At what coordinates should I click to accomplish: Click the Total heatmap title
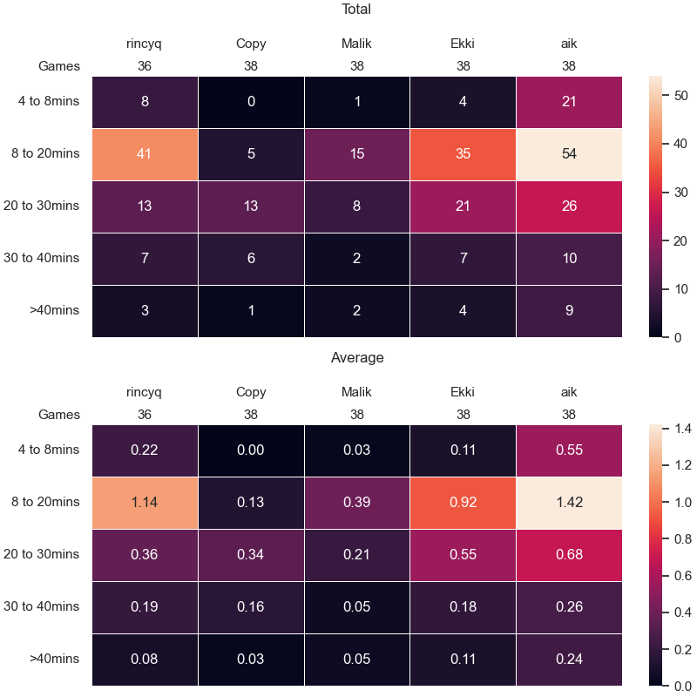[356, 9]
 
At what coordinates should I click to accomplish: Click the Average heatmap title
[357, 357]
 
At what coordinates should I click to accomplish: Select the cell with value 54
[569, 154]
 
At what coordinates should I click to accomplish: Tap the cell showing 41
[145, 154]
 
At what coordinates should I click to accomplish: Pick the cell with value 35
[463, 154]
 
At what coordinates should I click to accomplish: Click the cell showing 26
[569, 206]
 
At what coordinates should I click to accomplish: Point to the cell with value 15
[357, 154]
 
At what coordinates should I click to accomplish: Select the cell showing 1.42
[569, 503]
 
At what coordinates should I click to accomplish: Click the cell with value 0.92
[463, 503]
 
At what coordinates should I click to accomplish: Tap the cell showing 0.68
[569, 555]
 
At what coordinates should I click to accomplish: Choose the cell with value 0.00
[251, 450]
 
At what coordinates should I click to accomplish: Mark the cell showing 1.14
[145, 503]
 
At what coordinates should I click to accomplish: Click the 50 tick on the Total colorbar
[680, 96]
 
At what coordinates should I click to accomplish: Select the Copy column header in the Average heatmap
[251, 392]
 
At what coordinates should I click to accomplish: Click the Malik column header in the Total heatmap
[356, 44]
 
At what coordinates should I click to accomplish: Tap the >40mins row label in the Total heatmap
[54, 310]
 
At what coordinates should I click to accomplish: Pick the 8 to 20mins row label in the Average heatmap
[45, 502]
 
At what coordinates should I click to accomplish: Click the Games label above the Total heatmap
[59, 66]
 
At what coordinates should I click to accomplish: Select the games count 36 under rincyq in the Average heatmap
[145, 415]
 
